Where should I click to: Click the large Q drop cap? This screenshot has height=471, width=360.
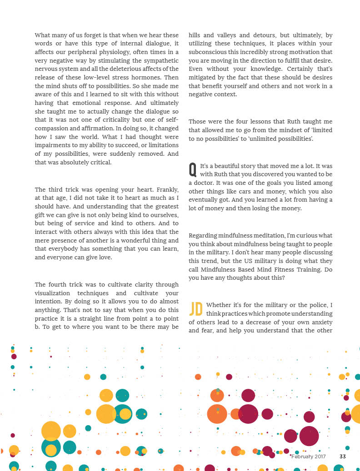tap(193, 169)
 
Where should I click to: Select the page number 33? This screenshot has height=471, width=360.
tap(343, 456)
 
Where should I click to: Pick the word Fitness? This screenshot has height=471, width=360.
tap(280, 269)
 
